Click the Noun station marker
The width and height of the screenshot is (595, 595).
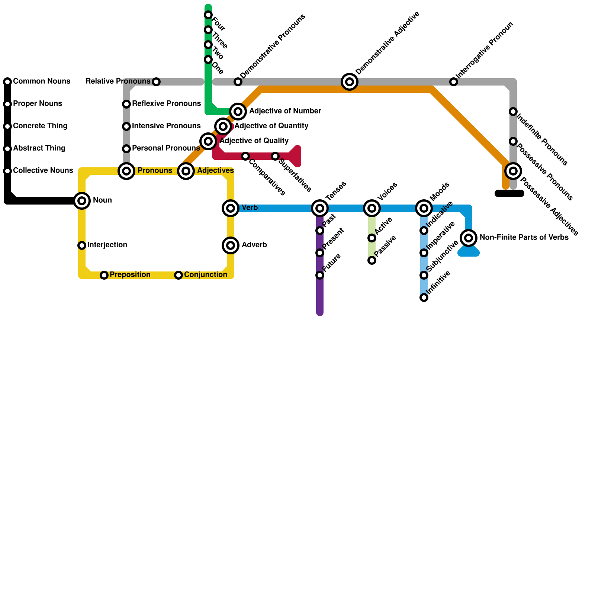tap(82, 201)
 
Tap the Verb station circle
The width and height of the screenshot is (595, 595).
tap(231, 208)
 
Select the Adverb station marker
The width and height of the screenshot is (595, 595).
tap(231, 245)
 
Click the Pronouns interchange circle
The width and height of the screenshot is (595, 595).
tap(126, 171)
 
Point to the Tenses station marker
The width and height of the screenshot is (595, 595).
tap(320, 208)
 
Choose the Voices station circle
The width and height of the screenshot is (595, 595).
tap(372, 208)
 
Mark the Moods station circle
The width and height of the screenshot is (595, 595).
tap(424, 208)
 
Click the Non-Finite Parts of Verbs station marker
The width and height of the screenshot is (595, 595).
tap(469, 238)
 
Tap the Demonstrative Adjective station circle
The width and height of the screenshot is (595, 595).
tap(350, 82)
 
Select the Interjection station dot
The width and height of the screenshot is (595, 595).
tap(82, 245)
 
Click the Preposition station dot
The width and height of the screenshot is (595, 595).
tap(104, 275)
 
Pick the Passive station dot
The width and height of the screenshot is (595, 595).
tap(372, 260)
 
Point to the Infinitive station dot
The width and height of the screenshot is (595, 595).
tap(424, 297)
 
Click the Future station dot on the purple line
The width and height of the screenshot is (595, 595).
tap(320, 275)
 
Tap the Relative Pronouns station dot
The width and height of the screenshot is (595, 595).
tap(156, 82)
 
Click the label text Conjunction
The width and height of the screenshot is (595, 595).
tap(205, 275)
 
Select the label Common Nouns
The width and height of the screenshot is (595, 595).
tap(42, 81)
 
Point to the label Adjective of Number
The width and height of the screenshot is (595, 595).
tap(285, 111)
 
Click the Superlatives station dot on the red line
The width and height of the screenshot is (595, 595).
tap(275, 156)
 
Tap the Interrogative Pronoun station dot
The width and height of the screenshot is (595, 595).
tap(454, 82)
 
